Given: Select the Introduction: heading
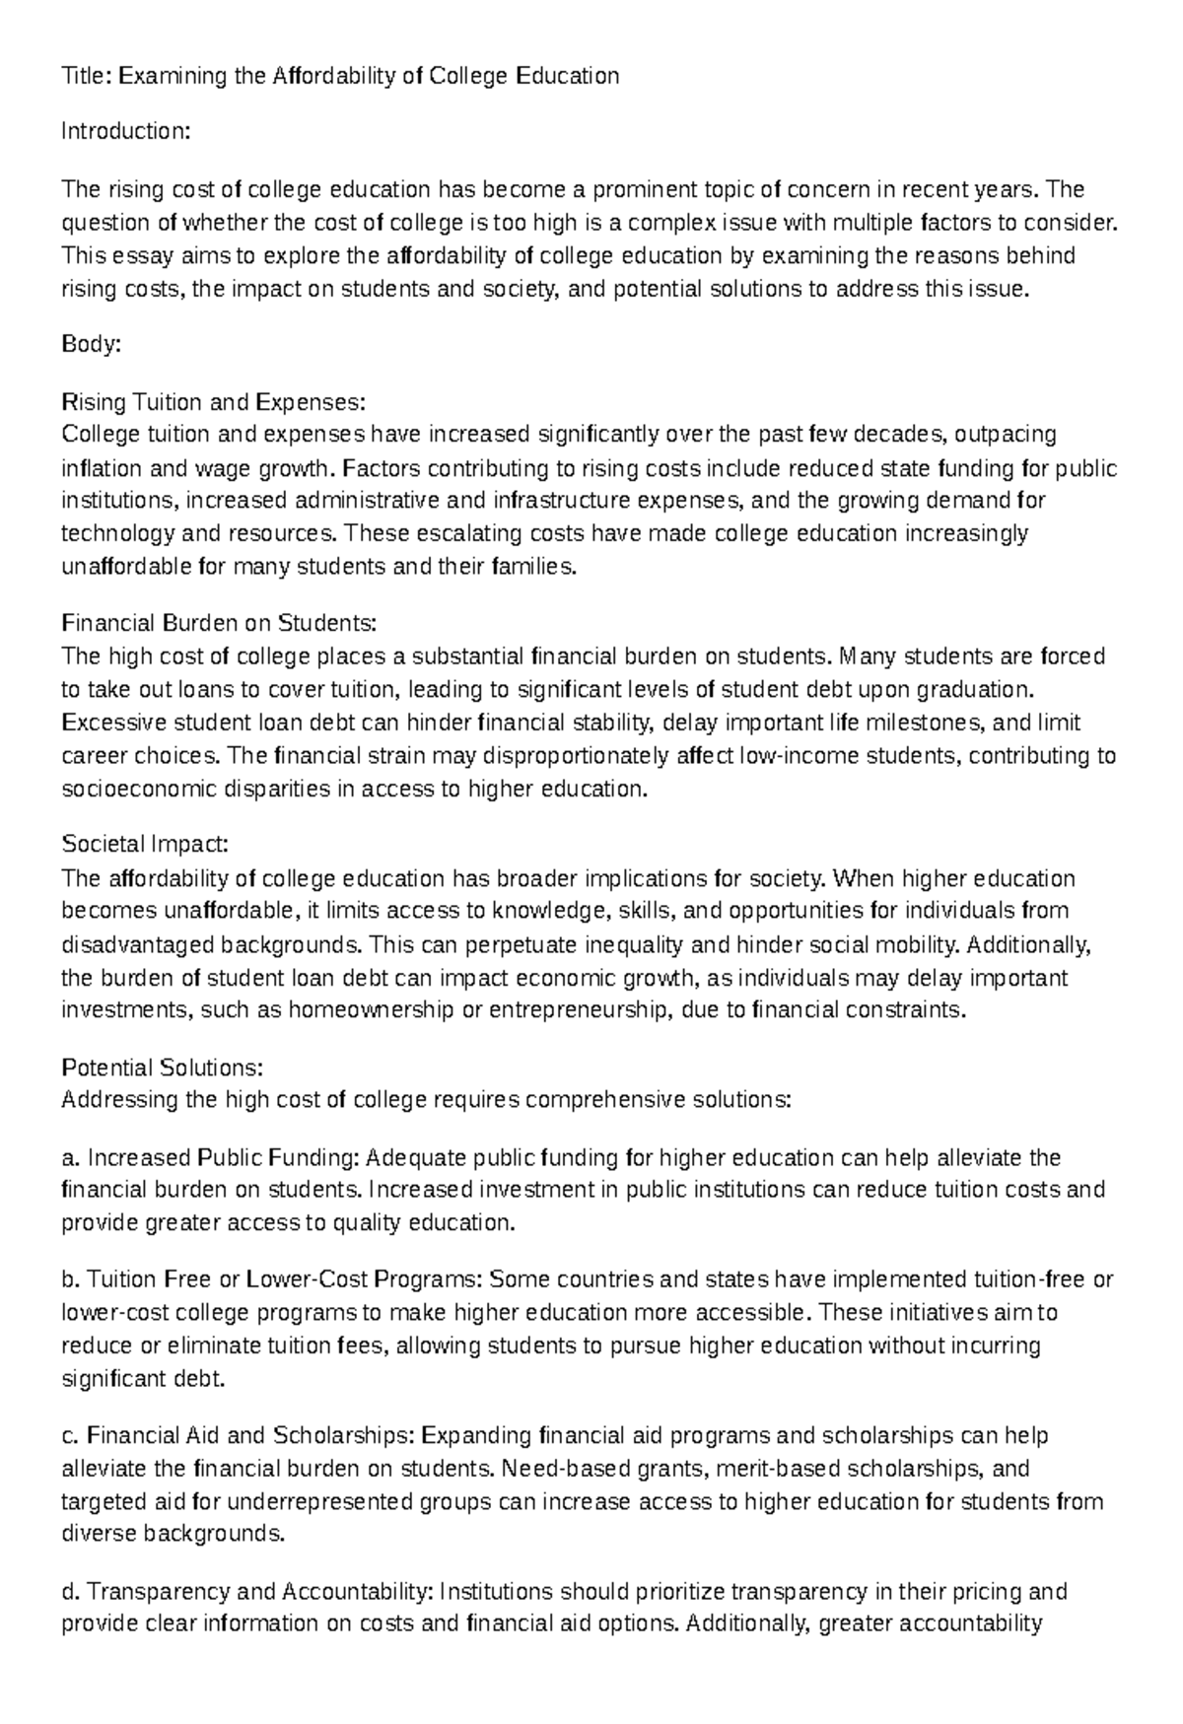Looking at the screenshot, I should click(x=125, y=131).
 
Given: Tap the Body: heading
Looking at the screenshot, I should click(x=91, y=344).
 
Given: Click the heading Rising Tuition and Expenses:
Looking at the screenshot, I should click(x=213, y=402).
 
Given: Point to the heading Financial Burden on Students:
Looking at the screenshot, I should click(x=219, y=623).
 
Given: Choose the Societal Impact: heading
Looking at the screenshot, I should click(x=145, y=845).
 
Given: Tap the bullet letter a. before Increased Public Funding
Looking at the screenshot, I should click(x=70, y=1157).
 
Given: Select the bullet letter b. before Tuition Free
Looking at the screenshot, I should click(x=70, y=1279).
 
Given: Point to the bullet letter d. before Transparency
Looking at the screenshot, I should click(x=70, y=1591).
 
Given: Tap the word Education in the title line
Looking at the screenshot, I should click(x=567, y=76).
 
